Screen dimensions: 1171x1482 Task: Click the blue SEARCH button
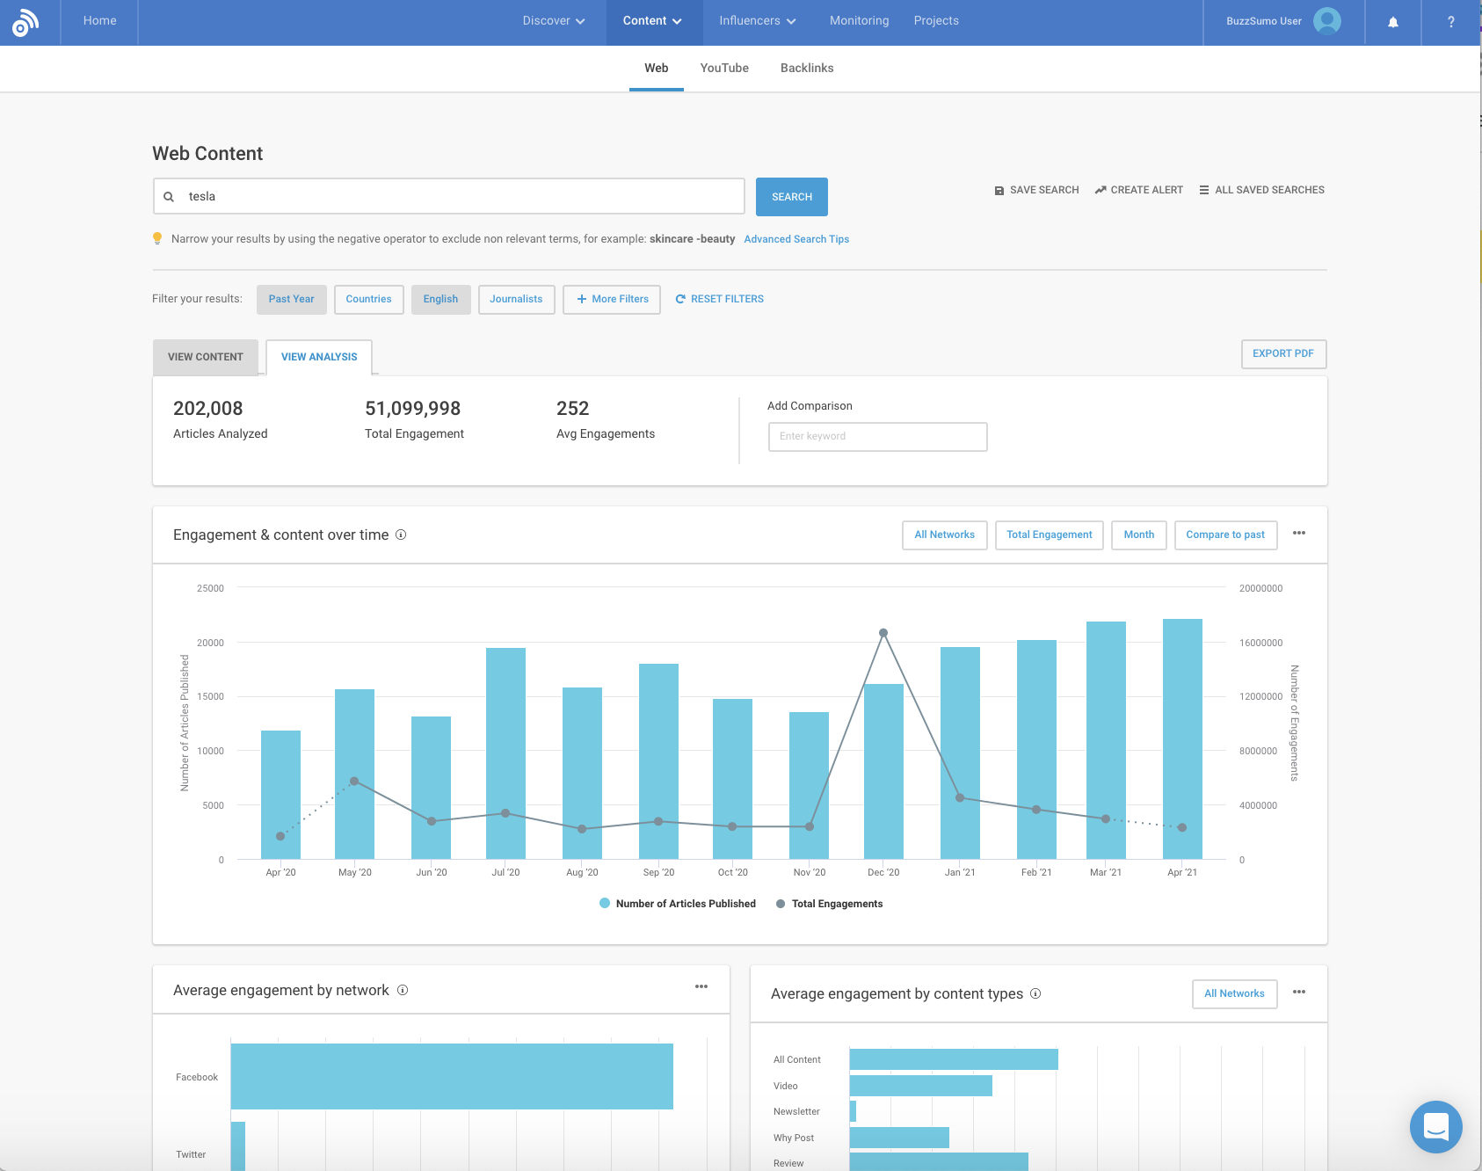click(x=791, y=197)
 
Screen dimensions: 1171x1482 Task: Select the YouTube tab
click(x=724, y=68)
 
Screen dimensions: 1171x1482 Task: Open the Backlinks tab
click(x=806, y=68)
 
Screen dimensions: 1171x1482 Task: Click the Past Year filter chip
click(x=291, y=299)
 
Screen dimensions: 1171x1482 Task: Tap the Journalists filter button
click(x=516, y=299)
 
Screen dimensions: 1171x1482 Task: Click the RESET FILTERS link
click(x=719, y=299)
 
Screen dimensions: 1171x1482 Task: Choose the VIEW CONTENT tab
click(x=205, y=357)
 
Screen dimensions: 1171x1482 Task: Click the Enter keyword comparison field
click(x=877, y=436)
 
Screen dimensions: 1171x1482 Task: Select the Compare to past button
click(x=1224, y=535)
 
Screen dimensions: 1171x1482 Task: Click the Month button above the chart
click(x=1138, y=535)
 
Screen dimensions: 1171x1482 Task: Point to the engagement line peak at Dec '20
click(x=883, y=633)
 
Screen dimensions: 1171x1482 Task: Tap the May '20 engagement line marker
click(x=354, y=781)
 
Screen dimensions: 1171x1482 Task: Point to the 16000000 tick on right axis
click(x=1260, y=643)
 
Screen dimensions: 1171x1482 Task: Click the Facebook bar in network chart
click(x=452, y=1076)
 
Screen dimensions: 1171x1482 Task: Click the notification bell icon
click(x=1392, y=22)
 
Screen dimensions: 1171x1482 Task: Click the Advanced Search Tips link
click(x=796, y=239)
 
